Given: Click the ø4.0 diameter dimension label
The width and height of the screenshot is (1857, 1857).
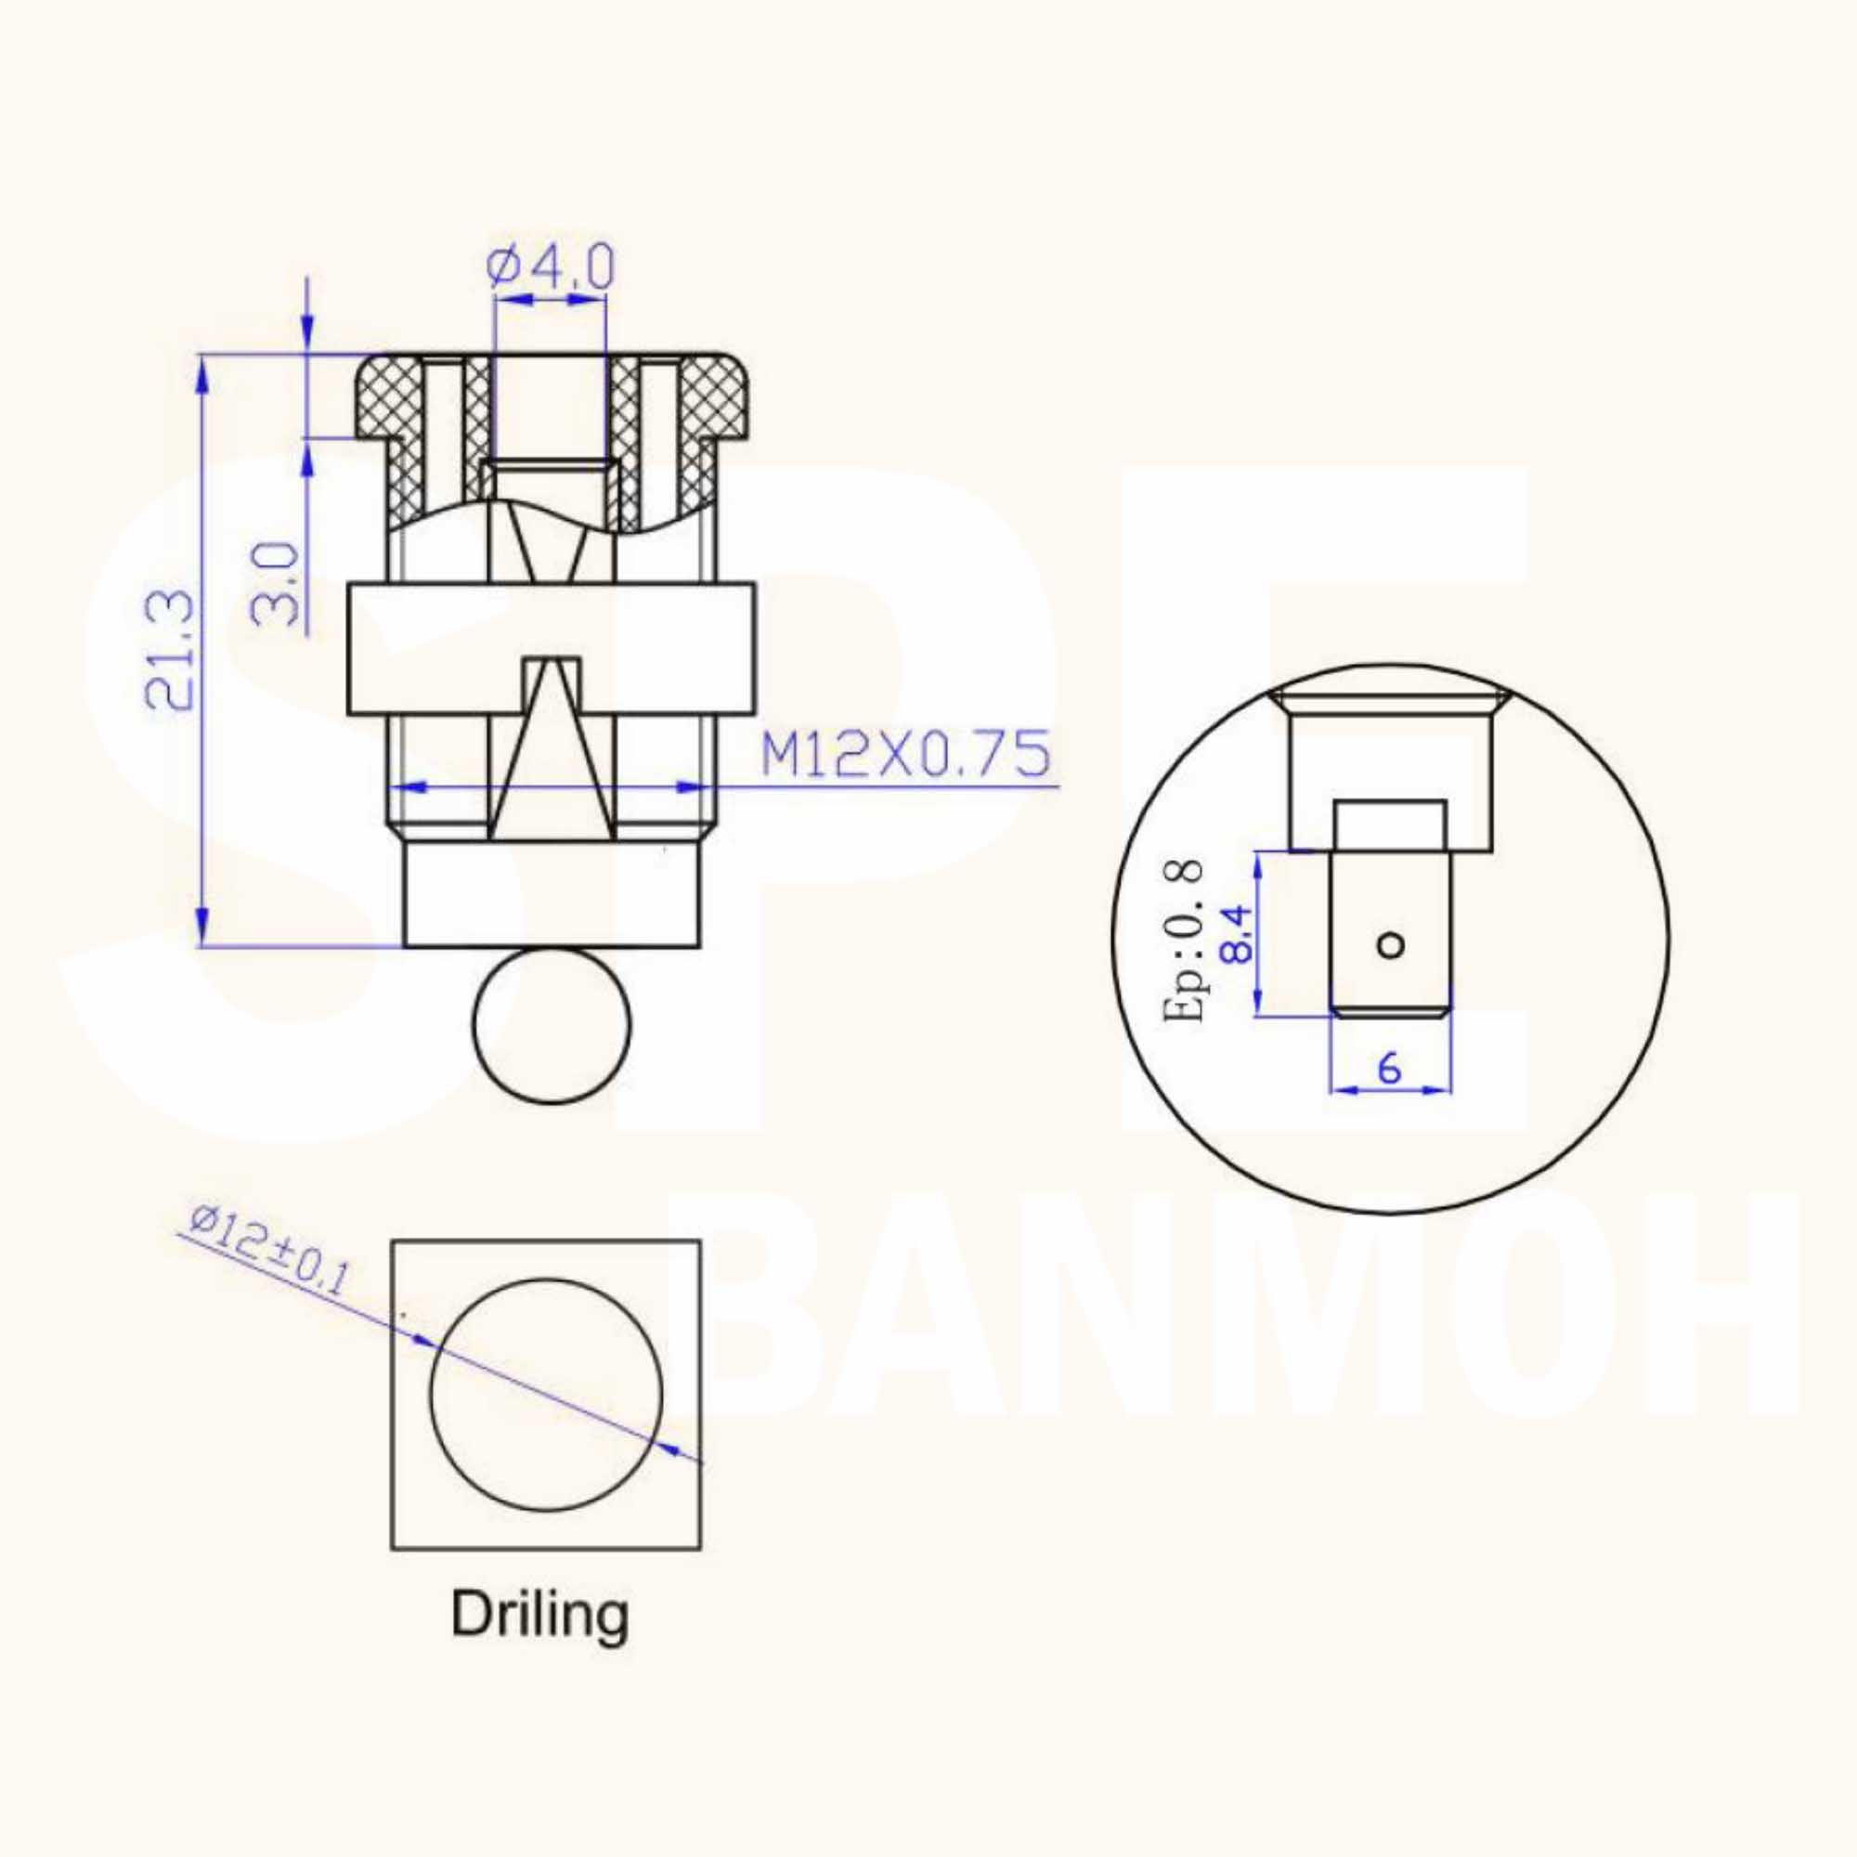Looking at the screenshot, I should click(x=550, y=268).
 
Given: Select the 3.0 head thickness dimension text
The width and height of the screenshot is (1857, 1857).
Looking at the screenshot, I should click(x=277, y=584).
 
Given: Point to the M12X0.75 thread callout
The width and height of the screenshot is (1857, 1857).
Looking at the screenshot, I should click(x=904, y=755).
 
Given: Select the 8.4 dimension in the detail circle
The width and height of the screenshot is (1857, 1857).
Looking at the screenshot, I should click(x=1236, y=933).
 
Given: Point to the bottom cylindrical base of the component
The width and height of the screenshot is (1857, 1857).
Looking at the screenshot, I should click(x=552, y=895).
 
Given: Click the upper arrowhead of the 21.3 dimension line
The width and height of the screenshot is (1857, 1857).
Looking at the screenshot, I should click(x=201, y=375).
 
